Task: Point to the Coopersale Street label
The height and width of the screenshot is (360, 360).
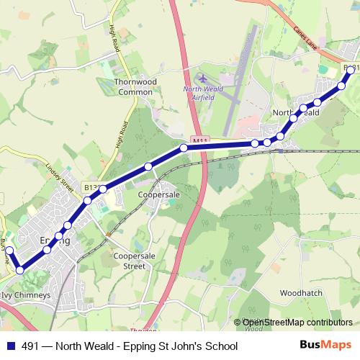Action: [x=134, y=261]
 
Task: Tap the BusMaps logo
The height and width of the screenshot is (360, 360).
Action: [x=328, y=346]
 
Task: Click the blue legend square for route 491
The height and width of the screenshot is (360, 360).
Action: [x=10, y=346]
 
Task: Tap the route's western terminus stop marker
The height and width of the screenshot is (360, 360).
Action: [x=9, y=250]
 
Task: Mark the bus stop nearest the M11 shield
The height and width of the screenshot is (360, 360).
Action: [x=184, y=148]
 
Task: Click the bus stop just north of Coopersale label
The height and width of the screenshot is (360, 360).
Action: [x=148, y=167]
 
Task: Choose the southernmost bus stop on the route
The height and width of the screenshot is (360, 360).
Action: [x=20, y=270]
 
